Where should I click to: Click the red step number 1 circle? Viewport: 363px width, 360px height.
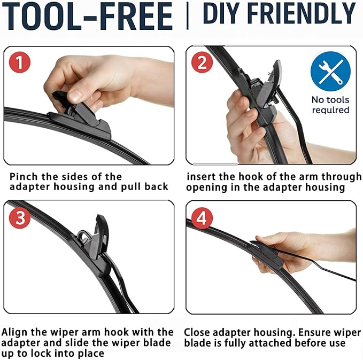[x=20, y=62]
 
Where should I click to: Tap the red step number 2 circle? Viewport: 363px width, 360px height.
[x=202, y=62]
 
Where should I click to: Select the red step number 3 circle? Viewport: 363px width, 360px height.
[x=20, y=218]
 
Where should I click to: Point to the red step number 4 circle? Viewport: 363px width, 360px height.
[x=202, y=218]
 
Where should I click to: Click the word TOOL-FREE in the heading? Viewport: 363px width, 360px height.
[x=89, y=16]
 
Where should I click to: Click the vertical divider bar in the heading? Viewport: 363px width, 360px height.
[x=187, y=15]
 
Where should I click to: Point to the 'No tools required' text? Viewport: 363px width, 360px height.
[x=330, y=105]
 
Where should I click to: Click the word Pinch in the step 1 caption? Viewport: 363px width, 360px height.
[x=25, y=176]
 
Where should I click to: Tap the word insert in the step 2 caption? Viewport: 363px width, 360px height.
[x=201, y=176]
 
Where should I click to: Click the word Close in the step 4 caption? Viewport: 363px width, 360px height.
[x=199, y=332]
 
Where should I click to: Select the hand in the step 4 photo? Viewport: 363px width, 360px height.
[x=289, y=246]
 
